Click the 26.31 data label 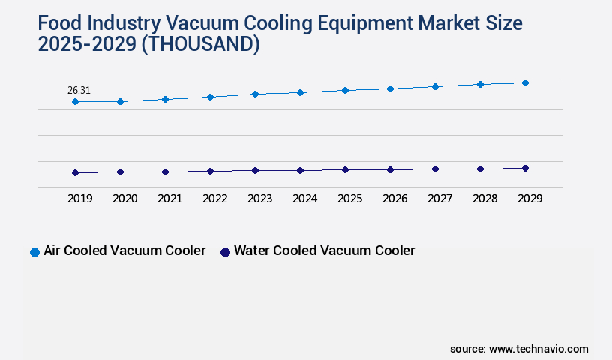79,90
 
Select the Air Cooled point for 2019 75,101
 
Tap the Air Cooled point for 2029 525,82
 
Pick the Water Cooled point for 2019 75,172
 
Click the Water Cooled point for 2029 525,168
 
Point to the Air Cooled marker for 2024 300,92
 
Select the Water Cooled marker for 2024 300,170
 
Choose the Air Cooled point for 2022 210,97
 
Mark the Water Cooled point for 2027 435,169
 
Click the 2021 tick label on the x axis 169,199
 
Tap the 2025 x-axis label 349,199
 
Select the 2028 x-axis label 484,199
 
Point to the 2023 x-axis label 259,199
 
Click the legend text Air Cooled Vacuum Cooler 124,250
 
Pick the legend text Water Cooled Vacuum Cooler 324,250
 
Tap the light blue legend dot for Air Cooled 34,252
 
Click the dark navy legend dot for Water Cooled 224,252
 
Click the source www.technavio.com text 519,349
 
